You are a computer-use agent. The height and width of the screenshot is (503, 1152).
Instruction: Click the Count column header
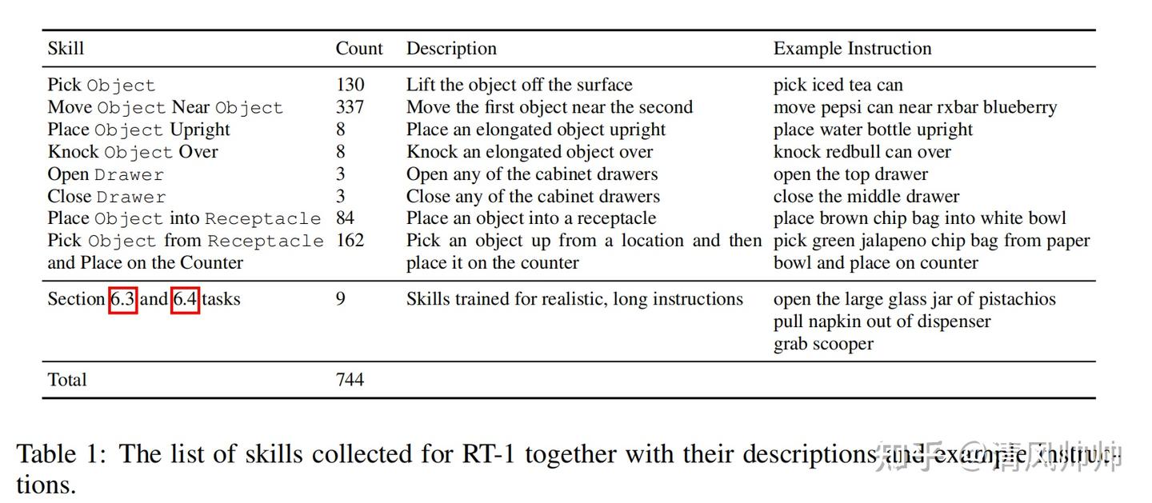coord(359,49)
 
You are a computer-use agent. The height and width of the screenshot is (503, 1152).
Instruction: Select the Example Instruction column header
coord(852,49)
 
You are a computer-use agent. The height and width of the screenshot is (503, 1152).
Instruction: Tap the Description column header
coord(451,49)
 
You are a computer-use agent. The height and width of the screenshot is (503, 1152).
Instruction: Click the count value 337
coord(350,107)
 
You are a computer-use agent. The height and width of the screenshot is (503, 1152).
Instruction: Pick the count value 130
coord(350,85)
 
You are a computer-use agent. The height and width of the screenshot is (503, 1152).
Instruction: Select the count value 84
coord(345,218)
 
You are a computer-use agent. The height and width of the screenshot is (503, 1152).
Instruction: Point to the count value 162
coord(350,241)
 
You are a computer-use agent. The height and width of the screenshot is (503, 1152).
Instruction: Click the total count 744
coord(350,380)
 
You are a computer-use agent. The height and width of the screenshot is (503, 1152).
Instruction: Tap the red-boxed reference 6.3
coord(123,300)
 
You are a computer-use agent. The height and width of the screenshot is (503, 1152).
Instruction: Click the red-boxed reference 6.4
coord(185,300)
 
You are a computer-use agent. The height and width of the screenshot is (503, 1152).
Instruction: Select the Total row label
coord(67,380)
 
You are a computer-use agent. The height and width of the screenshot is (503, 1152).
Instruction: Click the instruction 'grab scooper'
coord(823,344)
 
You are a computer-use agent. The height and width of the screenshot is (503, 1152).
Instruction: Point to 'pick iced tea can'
coord(838,85)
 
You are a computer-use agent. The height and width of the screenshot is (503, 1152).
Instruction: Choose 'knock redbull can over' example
coord(862,152)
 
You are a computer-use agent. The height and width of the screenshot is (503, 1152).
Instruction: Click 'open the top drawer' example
coord(850,174)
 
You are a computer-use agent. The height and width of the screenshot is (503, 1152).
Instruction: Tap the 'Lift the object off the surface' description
coord(519,85)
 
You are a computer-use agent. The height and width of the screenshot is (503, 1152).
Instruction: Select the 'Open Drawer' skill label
coord(106,174)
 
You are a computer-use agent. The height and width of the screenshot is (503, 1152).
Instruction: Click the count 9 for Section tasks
coord(341,300)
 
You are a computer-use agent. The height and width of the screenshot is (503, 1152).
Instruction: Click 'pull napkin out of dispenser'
coord(882,321)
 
